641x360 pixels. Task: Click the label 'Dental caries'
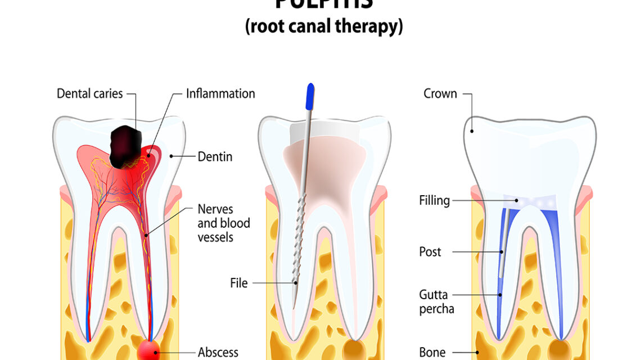click(89, 93)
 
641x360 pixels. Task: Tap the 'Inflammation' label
click(220, 93)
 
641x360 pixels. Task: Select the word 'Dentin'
click(215, 156)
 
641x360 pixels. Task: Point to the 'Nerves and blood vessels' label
click(224, 223)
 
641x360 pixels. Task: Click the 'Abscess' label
click(218, 353)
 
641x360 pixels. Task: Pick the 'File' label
click(238, 283)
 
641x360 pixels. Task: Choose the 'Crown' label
click(440, 93)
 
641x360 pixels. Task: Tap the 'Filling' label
click(434, 200)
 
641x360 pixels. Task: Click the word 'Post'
click(430, 251)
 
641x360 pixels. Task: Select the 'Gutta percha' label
click(437, 301)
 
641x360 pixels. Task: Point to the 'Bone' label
click(432, 353)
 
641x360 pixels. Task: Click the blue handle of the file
click(310, 96)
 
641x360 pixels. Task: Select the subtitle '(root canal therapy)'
click(324, 26)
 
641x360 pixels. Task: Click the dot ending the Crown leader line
click(472, 132)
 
